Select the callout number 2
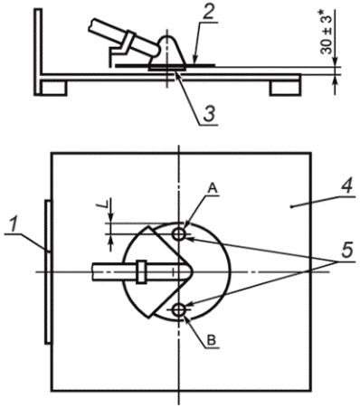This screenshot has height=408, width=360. pyautogui.click(x=208, y=12)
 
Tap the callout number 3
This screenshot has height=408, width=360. pyautogui.click(x=210, y=115)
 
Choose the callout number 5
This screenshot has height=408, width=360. pyautogui.click(x=346, y=250)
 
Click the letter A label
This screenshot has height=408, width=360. pyautogui.click(x=213, y=189)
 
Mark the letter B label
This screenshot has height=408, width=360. pyautogui.click(x=212, y=340)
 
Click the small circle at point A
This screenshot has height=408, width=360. pyautogui.click(x=179, y=233)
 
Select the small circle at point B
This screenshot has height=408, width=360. pyautogui.click(x=179, y=309)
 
